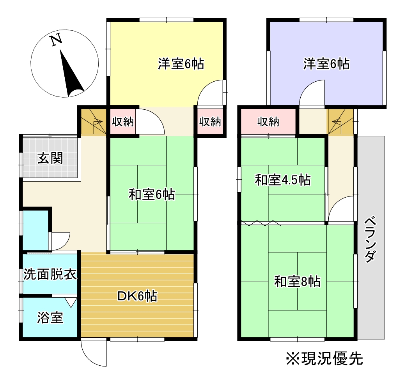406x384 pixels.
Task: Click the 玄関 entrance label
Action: pos(50,158)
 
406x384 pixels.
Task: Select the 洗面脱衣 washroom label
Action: pos(50,274)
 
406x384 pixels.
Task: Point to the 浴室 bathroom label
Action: pos(50,318)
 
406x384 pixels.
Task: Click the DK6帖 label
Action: pos(137,296)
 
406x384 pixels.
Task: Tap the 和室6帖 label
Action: pos(152,195)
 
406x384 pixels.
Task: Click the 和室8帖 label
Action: pos(297,281)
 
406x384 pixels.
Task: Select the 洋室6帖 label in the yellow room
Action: pos(181,64)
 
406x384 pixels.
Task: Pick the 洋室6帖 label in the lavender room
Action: pos(326,64)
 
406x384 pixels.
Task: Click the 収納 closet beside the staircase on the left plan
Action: pos(123,122)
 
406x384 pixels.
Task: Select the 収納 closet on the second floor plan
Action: pos(268,122)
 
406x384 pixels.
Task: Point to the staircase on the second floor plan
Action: pos(340,121)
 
